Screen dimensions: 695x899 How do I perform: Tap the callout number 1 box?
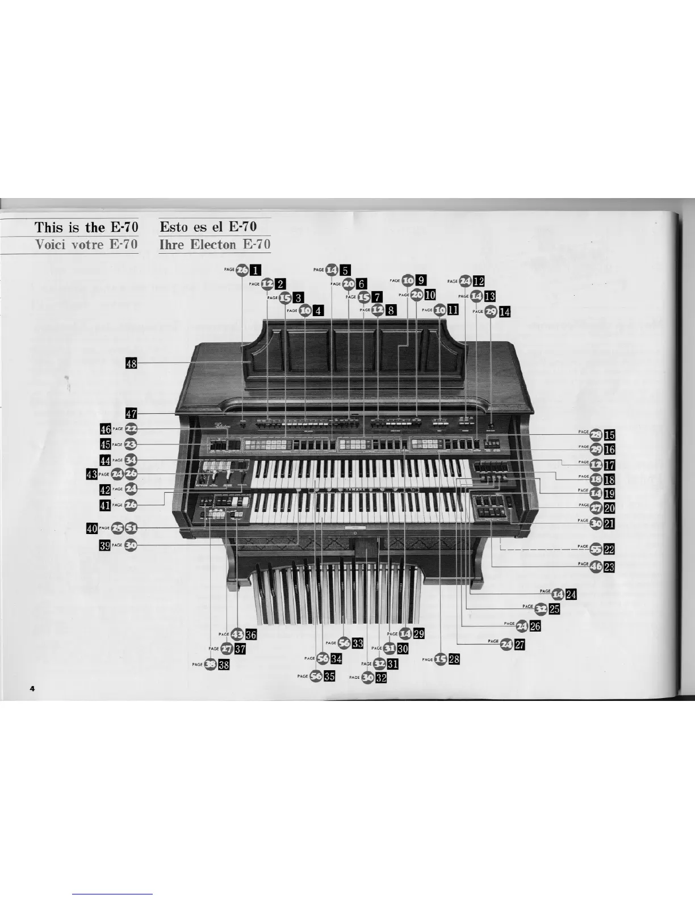pyautogui.click(x=257, y=270)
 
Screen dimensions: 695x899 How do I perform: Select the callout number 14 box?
pyautogui.click(x=505, y=311)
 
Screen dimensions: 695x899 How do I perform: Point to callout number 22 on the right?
pyautogui.click(x=610, y=549)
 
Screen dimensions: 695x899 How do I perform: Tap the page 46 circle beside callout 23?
pyautogui.click(x=596, y=566)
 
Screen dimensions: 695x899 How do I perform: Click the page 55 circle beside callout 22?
pyautogui.click(x=596, y=549)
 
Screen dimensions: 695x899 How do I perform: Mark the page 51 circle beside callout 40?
pyautogui.click(x=131, y=528)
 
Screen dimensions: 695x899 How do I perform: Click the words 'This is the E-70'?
pyautogui.click(x=86, y=228)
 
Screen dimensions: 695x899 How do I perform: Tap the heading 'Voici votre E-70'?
pyautogui.click(x=86, y=245)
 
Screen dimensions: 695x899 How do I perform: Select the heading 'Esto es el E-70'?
pyautogui.click(x=208, y=227)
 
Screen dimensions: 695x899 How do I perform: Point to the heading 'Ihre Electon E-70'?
pyautogui.click(x=215, y=245)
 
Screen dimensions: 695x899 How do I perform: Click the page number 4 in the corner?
pyautogui.click(x=32, y=688)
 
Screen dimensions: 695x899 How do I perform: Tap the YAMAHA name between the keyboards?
pyautogui.click(x=355, y=489)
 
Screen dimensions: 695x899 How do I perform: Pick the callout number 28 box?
pyautogui.click(x=454, y=659)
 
